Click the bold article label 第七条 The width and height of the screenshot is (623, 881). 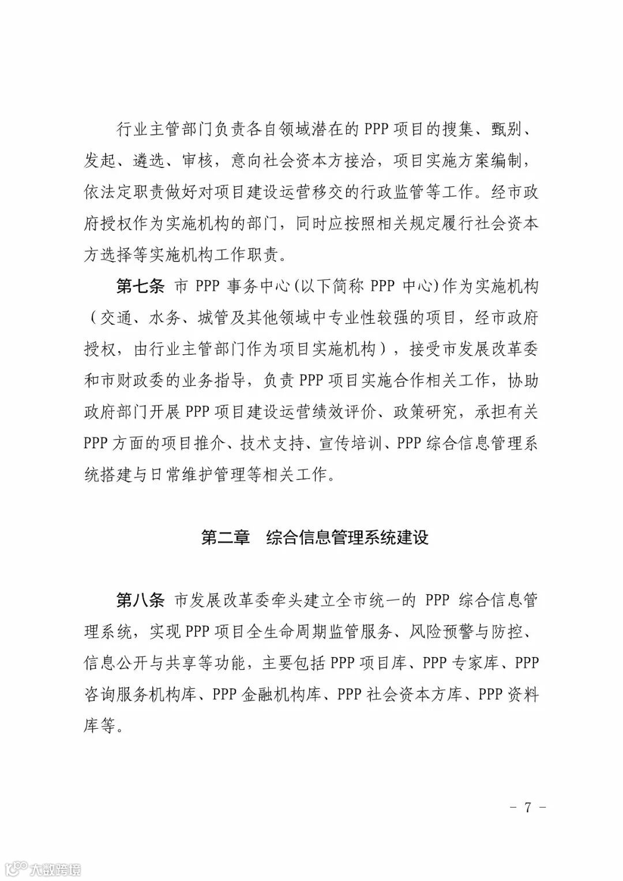point(140,287)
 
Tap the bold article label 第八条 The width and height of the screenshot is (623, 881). point(140,601)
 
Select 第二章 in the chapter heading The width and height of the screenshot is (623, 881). point(225,538)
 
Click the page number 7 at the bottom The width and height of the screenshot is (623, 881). point(527,807)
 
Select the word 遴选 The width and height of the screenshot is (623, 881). point(149,162)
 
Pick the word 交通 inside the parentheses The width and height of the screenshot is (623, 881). point(117,318)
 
